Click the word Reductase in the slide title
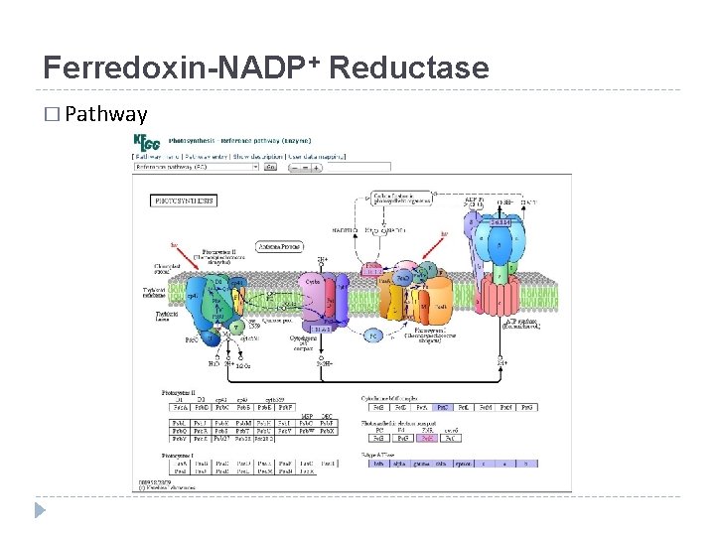(x=408, y=68)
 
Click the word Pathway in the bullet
(x=104, y=114)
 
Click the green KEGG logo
(x=150, y=143)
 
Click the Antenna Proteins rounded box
(x=280, y=245)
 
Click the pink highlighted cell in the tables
(x=427, y=437)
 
